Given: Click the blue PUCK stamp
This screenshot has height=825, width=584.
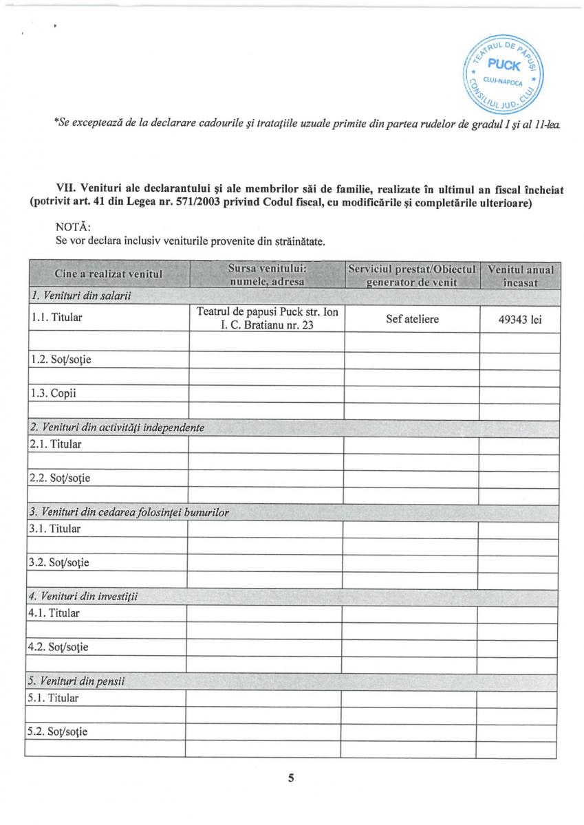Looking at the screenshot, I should [x=504, y=70].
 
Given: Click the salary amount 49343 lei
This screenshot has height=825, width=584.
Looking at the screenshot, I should [x=519, y=319].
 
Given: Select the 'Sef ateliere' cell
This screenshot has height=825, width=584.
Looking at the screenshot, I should [x=412, y=319].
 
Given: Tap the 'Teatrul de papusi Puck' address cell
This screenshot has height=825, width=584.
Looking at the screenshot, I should [x=267, y=318].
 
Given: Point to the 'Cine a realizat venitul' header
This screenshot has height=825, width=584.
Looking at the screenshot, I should [x=108, y=274].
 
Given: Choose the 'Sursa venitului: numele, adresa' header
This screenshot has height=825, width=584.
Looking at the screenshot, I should [x=267, y=274].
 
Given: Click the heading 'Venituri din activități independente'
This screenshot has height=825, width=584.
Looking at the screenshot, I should [x=117, y=427].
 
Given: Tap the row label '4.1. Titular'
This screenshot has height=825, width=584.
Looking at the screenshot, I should [x=54, y=613].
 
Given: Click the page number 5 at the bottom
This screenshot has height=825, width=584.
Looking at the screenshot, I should [x=291, y=778].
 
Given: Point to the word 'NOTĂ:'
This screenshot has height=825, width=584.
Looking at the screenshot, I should [x=72, y=226].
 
